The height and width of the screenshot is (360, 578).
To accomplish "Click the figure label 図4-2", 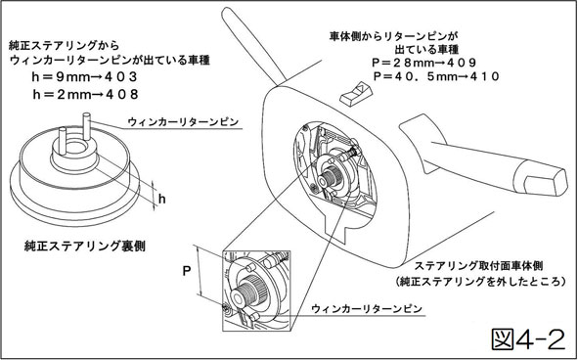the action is point(528,339).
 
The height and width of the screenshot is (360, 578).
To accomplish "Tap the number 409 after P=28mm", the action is point(462,63).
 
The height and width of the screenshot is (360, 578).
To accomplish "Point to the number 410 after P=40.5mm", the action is point(484,76).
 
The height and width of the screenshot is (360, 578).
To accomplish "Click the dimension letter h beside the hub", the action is point(161,199).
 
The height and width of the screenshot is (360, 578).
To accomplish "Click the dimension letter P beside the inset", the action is point(187,272).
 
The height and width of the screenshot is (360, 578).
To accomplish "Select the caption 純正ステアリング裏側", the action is point(85,246).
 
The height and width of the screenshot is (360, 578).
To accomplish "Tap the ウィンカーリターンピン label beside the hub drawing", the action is point(183,121).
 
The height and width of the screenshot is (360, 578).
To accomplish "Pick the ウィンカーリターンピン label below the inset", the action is point(367,308).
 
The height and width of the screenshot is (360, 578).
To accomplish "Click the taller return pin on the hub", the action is point(87,126).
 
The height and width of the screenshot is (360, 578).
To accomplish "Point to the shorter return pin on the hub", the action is point(63,141).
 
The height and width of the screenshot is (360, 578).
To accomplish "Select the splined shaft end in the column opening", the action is point(328,177).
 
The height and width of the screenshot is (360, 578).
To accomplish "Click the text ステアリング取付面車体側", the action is point(478,265).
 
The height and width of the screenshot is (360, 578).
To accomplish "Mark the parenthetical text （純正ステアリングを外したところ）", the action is point(480,282).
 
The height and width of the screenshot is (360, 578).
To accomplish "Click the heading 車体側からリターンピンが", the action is point(393,36).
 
